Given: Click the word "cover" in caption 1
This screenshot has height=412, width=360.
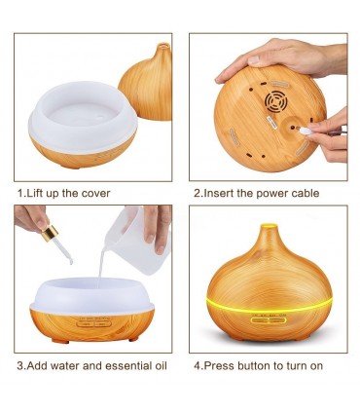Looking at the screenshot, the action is tap(95, 194).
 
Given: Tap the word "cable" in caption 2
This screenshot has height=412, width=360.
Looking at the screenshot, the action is tap(306, 193).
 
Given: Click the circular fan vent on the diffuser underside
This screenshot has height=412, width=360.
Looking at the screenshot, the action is tap(276, 100).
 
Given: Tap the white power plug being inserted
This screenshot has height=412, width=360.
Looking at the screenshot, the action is tap(306, 131).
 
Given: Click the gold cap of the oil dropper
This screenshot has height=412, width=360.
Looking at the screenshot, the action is tap(50, 234).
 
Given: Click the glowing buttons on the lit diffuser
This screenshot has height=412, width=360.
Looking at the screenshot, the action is tap(269, 320).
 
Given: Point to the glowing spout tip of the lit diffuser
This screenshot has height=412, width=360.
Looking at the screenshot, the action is tap(270, 226).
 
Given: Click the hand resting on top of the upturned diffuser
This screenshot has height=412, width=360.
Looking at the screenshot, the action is tap(282, 58).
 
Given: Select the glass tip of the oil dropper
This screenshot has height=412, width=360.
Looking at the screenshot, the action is tap(63, 251).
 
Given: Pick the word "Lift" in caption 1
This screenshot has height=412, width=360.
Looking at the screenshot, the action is tap(34, 194).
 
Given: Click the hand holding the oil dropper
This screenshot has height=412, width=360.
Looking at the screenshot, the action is tap(31, 217).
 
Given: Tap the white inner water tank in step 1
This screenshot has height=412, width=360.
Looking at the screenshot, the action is tap(83, 115).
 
